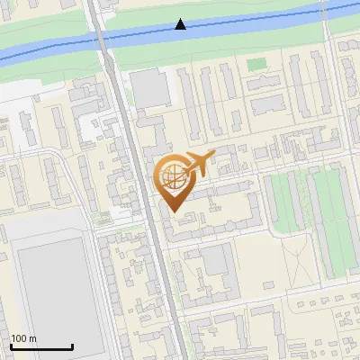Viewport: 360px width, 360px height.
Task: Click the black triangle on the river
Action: (181, 24)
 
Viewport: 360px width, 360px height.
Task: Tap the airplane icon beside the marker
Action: (199, 164)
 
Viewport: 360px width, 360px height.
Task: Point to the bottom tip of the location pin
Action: (173, 212)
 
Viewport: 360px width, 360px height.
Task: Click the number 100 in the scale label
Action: (20, 338)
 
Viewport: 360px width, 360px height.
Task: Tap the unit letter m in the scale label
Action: (33, 338)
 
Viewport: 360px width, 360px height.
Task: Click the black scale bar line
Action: (41, 346)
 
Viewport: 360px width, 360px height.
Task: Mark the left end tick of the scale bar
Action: (11, 345)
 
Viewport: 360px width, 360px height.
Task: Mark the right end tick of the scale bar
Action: (72, 345)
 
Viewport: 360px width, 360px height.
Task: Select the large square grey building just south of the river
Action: (149, 88)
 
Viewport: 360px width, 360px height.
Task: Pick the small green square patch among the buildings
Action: (258, 65)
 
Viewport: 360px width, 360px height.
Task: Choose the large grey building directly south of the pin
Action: (216, 261)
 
